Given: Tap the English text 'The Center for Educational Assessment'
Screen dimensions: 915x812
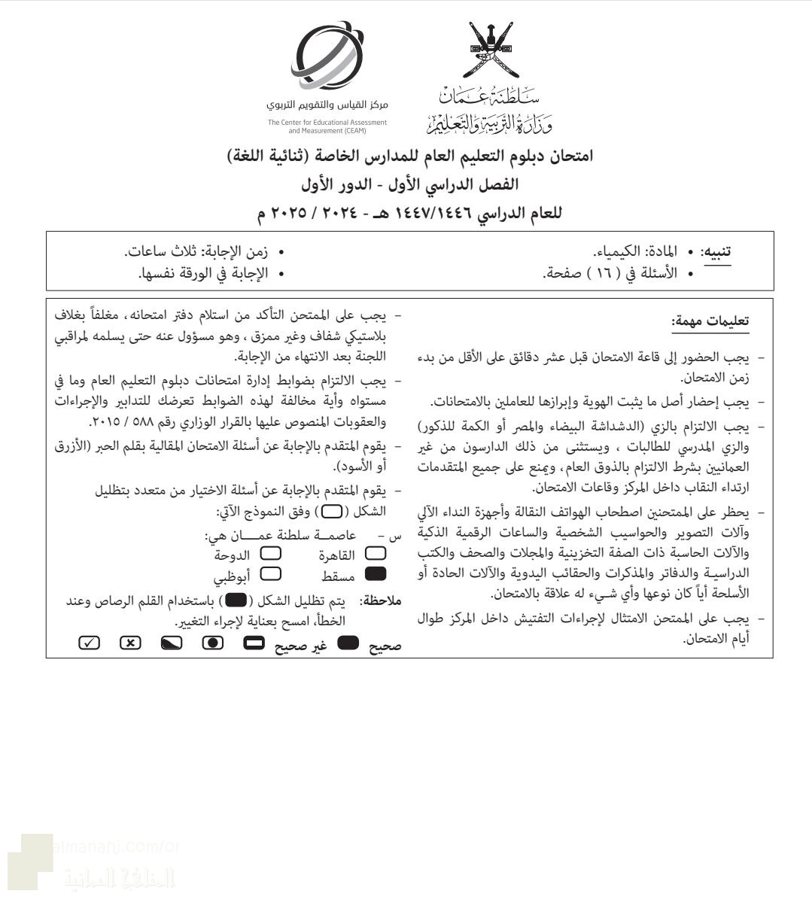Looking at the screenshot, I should tap(327, 122).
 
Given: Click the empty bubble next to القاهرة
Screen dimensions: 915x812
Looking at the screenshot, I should tap(374, 554).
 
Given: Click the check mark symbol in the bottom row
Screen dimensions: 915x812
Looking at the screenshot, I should tap(89, 643).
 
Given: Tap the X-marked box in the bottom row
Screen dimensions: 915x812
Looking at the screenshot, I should tap(130, 643).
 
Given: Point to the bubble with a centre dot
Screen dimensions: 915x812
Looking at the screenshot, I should tap(213, 643).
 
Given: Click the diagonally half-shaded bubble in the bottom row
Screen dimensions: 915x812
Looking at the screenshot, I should tap(172, 643).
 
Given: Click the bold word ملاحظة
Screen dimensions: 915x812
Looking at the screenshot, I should tap(382, 600).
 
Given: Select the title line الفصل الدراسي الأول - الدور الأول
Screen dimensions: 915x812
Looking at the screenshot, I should tap(410, 184).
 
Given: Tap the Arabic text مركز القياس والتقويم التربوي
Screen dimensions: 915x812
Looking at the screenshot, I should tap(327, 105).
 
